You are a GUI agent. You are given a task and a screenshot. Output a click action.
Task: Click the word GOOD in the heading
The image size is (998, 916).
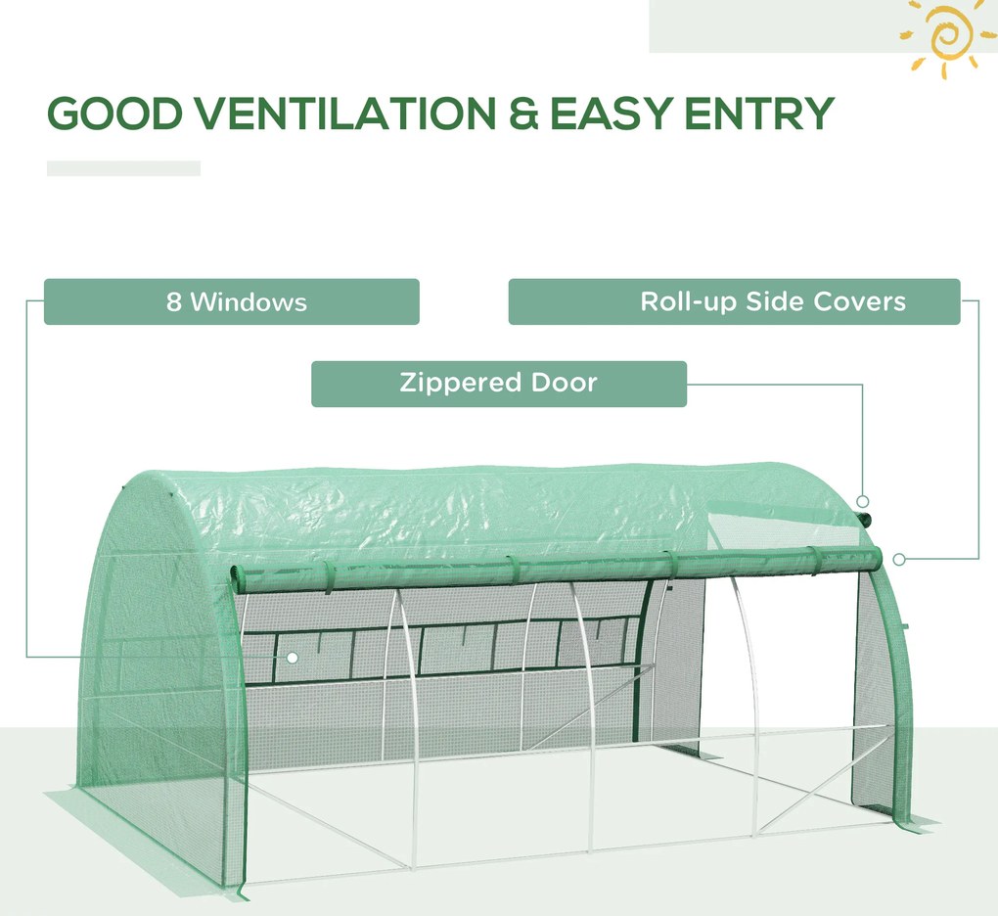tap(114, 114)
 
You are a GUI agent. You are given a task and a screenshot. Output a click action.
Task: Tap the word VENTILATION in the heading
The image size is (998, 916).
tap(345, 114)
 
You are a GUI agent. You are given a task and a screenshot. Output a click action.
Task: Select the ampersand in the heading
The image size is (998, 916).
tap(523, 114)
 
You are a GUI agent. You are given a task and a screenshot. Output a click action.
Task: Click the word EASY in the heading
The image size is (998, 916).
tap(610, 114)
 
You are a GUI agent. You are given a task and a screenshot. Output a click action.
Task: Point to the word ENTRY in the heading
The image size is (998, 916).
tap(759, 114)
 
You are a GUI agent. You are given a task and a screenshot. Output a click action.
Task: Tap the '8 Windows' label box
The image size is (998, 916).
tap(232, 301)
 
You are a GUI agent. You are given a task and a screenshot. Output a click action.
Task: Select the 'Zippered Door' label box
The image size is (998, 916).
tap(499, 384)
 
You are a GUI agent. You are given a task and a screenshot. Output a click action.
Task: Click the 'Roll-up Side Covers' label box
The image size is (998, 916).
tap(735, 301)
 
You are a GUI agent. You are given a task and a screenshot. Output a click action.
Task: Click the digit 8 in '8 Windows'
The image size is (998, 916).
tap(174, 301)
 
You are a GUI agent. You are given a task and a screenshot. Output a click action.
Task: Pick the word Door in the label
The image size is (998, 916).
tap(564, 383)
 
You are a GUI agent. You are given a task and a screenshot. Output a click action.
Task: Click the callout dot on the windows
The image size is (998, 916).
tap(293, 658)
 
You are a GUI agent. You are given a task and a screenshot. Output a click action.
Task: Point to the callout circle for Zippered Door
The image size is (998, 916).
tap(863, 501)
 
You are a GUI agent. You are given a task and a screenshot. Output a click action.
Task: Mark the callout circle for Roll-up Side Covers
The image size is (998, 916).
tap(899, 559)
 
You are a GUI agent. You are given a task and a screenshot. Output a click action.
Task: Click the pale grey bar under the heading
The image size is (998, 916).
tap(123, 168)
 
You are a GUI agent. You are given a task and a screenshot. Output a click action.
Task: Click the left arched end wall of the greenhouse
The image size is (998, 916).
tap(162, 668)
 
